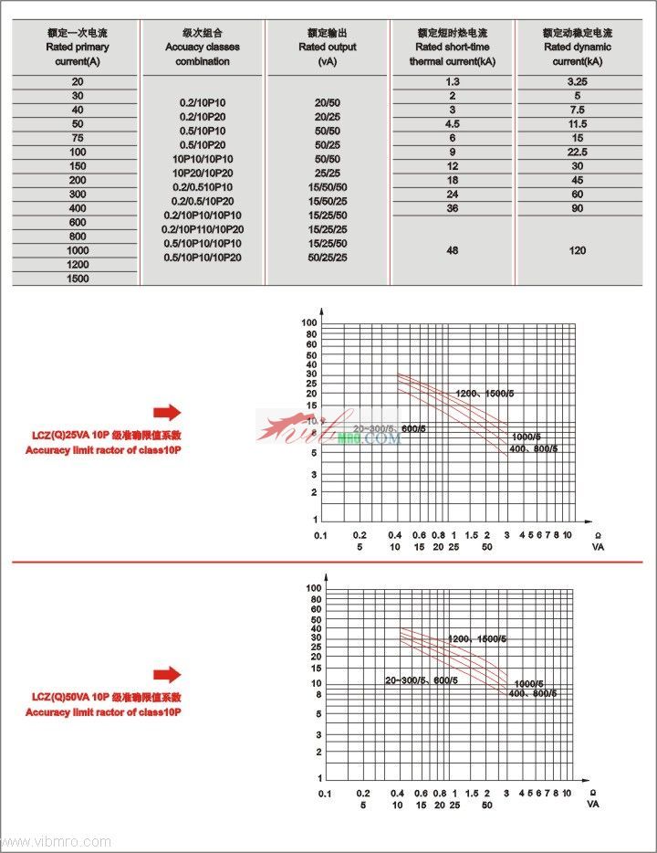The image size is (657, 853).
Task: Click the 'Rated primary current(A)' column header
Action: coord(78,47)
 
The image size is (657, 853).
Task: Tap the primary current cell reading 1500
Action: coord(78,279)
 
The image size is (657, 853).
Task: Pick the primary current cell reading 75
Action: coord(78,138)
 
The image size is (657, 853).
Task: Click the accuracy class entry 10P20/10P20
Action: coord(203,173)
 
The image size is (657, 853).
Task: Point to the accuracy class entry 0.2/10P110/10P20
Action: coord(203,229)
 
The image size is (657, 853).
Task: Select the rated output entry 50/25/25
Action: coord(327,258)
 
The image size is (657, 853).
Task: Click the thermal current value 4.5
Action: coord(452,124)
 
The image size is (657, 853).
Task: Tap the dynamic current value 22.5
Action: coord(577,152)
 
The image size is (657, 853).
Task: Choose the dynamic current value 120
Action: coord(577,250)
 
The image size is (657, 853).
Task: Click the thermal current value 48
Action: coord(452,250)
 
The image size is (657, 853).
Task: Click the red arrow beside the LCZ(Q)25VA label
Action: coord(167,412)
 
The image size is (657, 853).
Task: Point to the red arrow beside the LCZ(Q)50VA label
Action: coord(167,675)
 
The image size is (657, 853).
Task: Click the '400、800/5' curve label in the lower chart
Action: coord(533,694)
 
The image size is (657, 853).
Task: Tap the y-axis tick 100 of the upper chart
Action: coord(309,323)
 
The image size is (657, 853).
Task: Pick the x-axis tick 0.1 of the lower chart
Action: coord(325,795)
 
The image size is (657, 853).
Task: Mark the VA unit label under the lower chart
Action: coord(593,805)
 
